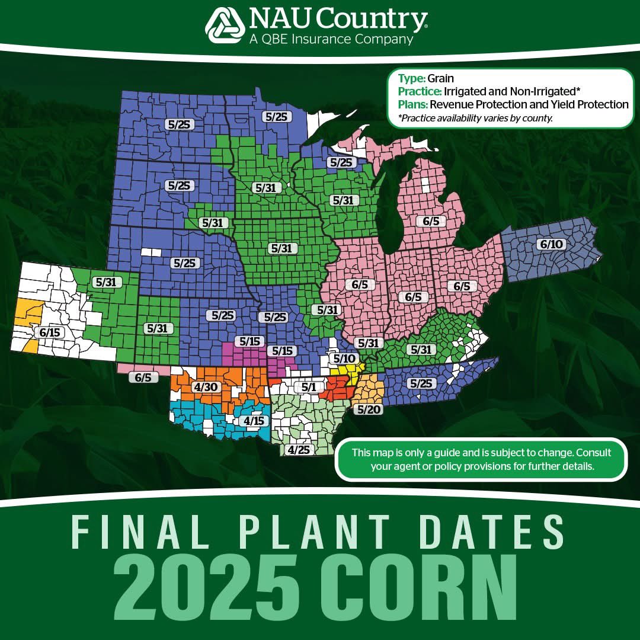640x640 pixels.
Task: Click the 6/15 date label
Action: point(50,332)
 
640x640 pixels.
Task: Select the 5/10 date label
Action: point(344,358)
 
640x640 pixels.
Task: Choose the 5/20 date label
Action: point(367,409)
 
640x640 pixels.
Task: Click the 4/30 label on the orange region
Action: point(206,388)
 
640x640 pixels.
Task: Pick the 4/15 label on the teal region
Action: point(254,421)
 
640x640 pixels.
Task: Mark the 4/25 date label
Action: point(297,450)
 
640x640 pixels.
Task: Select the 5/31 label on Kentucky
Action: point(421,350)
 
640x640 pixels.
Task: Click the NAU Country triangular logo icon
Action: point(225,26)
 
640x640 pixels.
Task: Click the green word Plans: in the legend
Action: point(413,104)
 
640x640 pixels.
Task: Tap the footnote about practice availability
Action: point(475,118)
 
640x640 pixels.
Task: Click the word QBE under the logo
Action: point(276,40)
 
